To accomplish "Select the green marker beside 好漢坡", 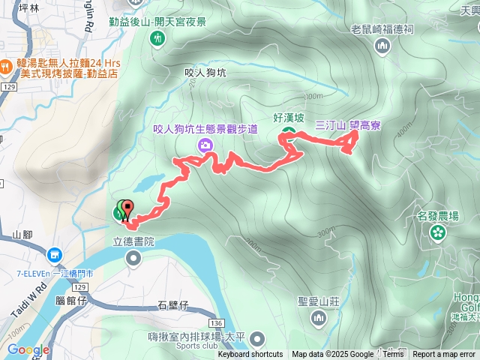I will pyautogui.click(x=287, y=133).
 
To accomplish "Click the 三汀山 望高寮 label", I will pyautogui.click(x=347, y=125).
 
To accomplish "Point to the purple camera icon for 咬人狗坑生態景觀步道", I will pyautogui.click(x=204, y=145).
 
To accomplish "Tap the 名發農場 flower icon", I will pyautogui.click(x=436, y=232).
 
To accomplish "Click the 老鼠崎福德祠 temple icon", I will pyautogui.click(x=382, y=46).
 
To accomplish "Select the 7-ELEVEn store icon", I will pyautogui.click(x=54, y=256).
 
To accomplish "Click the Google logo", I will pyautogui.click(x=28, y=349).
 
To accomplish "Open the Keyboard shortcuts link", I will pyautogui.click(x=250, y=355).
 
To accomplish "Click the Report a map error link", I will pyautogui.click(x=445, y=355).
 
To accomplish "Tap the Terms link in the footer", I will pyautogui.click(x=393, y=355).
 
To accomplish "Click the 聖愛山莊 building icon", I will pyautogui.click(x=319, y=319).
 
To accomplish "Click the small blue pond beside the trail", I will pyautogui.click(x=148, y=181).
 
